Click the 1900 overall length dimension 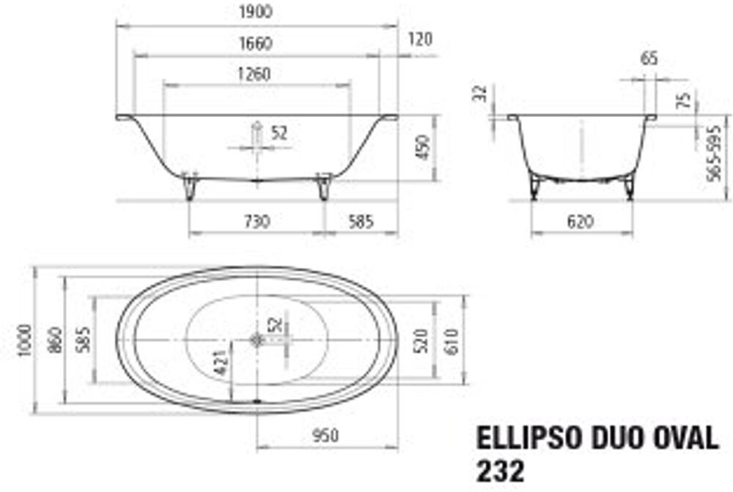[x=256, y=12]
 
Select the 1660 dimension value [x=256, y=43]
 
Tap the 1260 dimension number [x=254, y=74]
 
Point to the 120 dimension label [x=420, y=40]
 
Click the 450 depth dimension [x=423, y=147]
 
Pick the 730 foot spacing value [x=257, y=221]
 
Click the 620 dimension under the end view [x=581, y=221]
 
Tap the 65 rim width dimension [x=649, y=59]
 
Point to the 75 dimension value [x=684, y=100]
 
